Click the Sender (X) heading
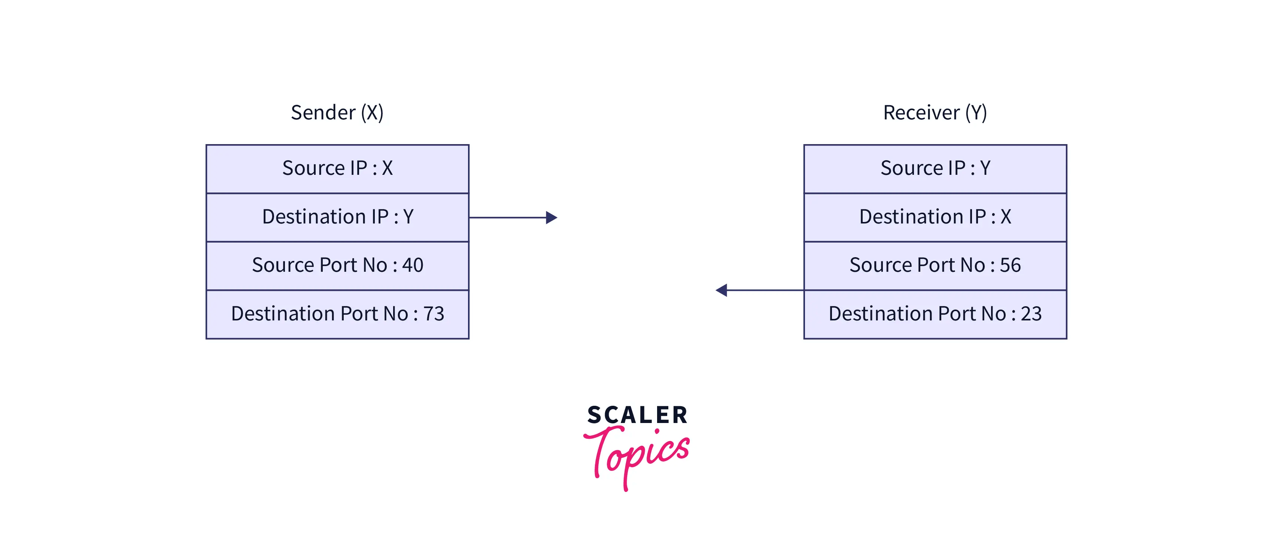(x=337, y=113)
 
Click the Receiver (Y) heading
(x=935, y=113)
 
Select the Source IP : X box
(x=337, y=168)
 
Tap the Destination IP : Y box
(x=337, y=217)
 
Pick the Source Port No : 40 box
(x=337, y=265)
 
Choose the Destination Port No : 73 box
(x=337, y=314)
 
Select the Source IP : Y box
(x=935, y=168)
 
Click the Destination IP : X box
(x=935, y=217)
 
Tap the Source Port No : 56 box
(x=935, y=265)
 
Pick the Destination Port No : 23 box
(x=935, y=314)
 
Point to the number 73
(x=434, y=314)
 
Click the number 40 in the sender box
(x=413, y=265)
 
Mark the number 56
(x=1010, y=265)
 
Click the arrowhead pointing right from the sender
(x=552, y=217)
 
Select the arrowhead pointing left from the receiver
(x=721, y=290)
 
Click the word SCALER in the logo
(x=637, y=415)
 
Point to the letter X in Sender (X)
(x=372, y=113)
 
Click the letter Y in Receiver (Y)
(x=976, y=113)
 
